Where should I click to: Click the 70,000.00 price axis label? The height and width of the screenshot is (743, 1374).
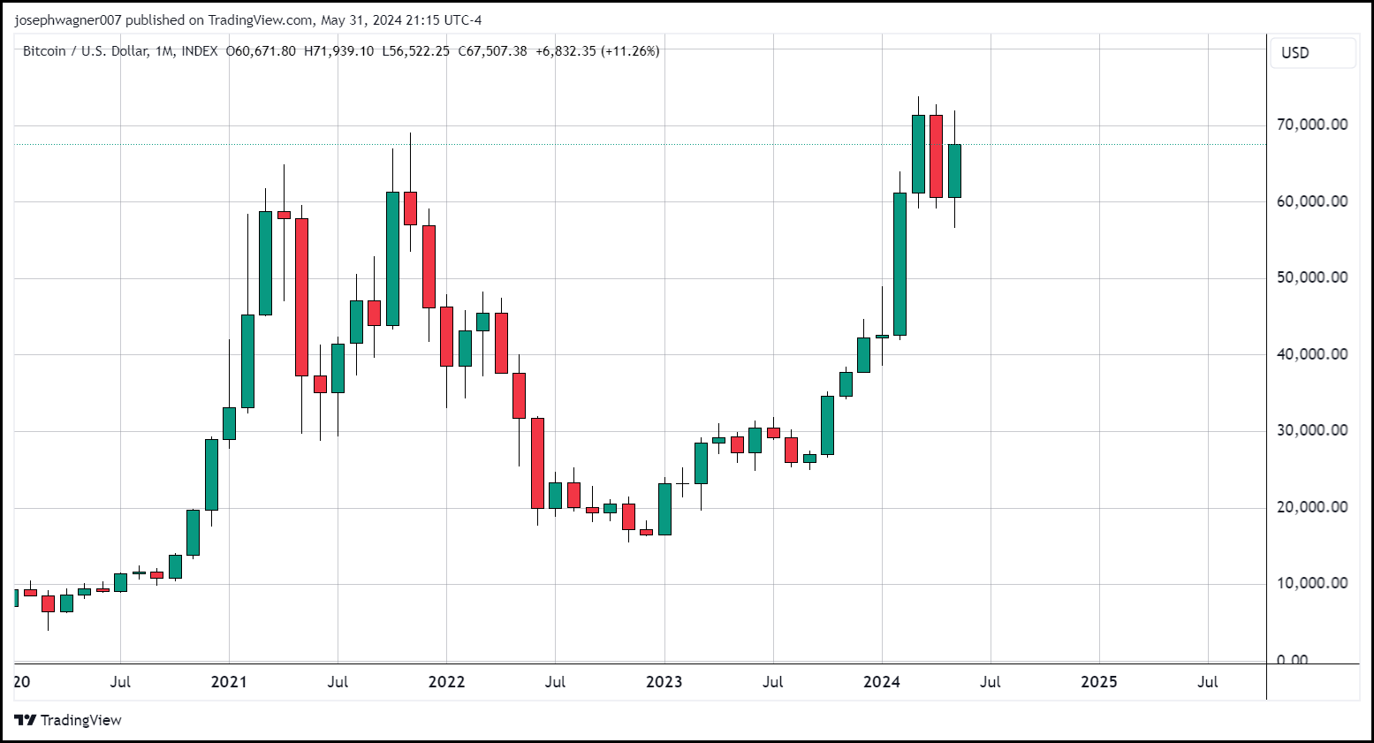coord(1312,125)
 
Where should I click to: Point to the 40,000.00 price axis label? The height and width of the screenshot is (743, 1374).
coord(1312,354)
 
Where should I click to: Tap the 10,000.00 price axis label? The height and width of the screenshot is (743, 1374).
coord(1312,583)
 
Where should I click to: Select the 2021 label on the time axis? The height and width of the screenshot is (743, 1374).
coord(229,682)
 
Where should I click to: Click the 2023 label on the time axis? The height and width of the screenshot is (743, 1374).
coord(664,682)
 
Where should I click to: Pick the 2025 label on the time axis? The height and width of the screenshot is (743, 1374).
coord(1099,682)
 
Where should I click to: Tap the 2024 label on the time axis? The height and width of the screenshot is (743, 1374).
coord(882,682)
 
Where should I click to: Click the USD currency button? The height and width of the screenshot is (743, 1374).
coord(1295,53)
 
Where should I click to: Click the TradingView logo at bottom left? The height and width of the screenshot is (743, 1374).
coord(68,720)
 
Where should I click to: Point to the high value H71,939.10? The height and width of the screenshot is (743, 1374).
coord(338,51)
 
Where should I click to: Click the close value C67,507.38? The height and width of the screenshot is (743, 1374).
coord(492,51)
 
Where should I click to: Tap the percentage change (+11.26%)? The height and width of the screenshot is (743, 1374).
coord(630,51)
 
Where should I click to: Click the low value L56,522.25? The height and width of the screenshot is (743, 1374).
coord(415,51)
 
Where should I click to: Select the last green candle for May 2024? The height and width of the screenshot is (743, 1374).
coord(954,171)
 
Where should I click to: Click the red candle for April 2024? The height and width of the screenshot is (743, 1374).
coord(936,156)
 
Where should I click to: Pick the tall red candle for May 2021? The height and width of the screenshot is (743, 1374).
coord(301,297)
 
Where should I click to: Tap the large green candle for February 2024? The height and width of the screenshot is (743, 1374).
coord(900,264)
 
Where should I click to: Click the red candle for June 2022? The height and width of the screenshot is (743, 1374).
coord(537,463)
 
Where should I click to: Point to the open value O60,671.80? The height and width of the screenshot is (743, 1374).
coord(262,51)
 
